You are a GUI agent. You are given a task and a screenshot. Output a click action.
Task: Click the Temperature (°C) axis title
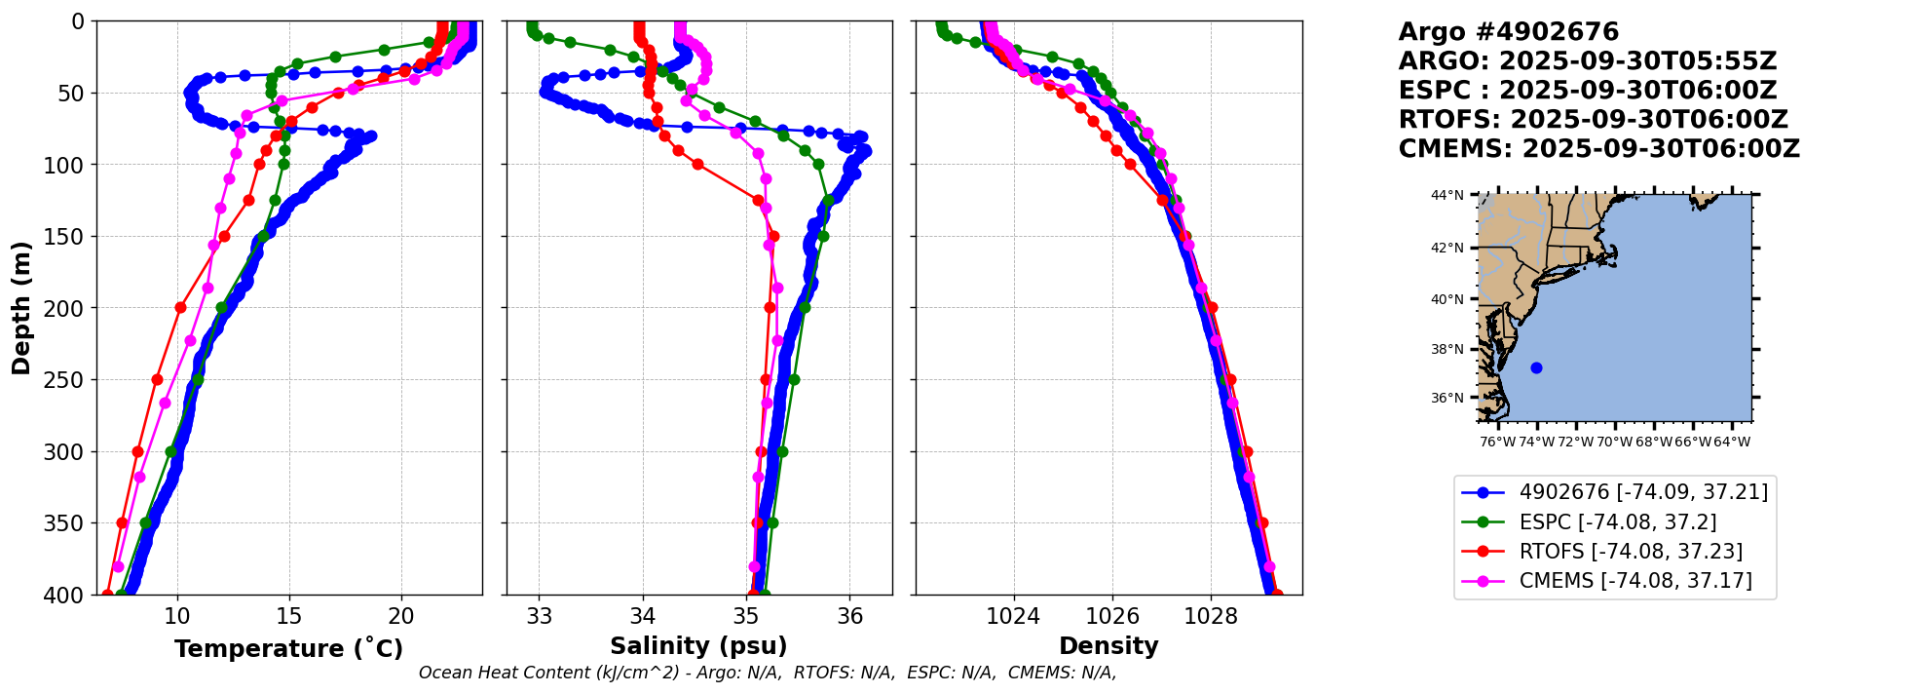[x=288, y=649]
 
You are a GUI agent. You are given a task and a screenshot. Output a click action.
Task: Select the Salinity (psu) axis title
[x=698, y=646]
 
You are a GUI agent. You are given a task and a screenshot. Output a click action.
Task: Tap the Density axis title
[x=1108, y=646]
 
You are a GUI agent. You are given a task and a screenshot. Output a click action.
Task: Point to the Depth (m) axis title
[x=21, y=307]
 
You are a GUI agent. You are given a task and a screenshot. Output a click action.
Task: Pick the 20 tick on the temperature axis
[x=401, y=617]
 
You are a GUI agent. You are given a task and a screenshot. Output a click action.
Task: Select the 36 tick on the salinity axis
[x=849, y=617]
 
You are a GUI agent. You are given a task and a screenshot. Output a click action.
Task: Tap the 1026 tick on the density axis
[x=1112, y=617]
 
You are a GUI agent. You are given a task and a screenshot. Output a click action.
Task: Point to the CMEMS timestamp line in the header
[x=1598, y=149]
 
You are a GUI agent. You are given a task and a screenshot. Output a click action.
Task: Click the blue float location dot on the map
[x=1536, y=367]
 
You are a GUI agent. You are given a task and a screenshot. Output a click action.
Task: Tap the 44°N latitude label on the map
[x=1447, y=196]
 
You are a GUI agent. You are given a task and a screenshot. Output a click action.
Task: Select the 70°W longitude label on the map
[x=1614, y=442]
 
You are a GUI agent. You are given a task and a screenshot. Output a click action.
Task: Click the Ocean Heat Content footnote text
[x=768, y=673]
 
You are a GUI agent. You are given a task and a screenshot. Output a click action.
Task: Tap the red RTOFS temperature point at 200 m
[x=180, y=307]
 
